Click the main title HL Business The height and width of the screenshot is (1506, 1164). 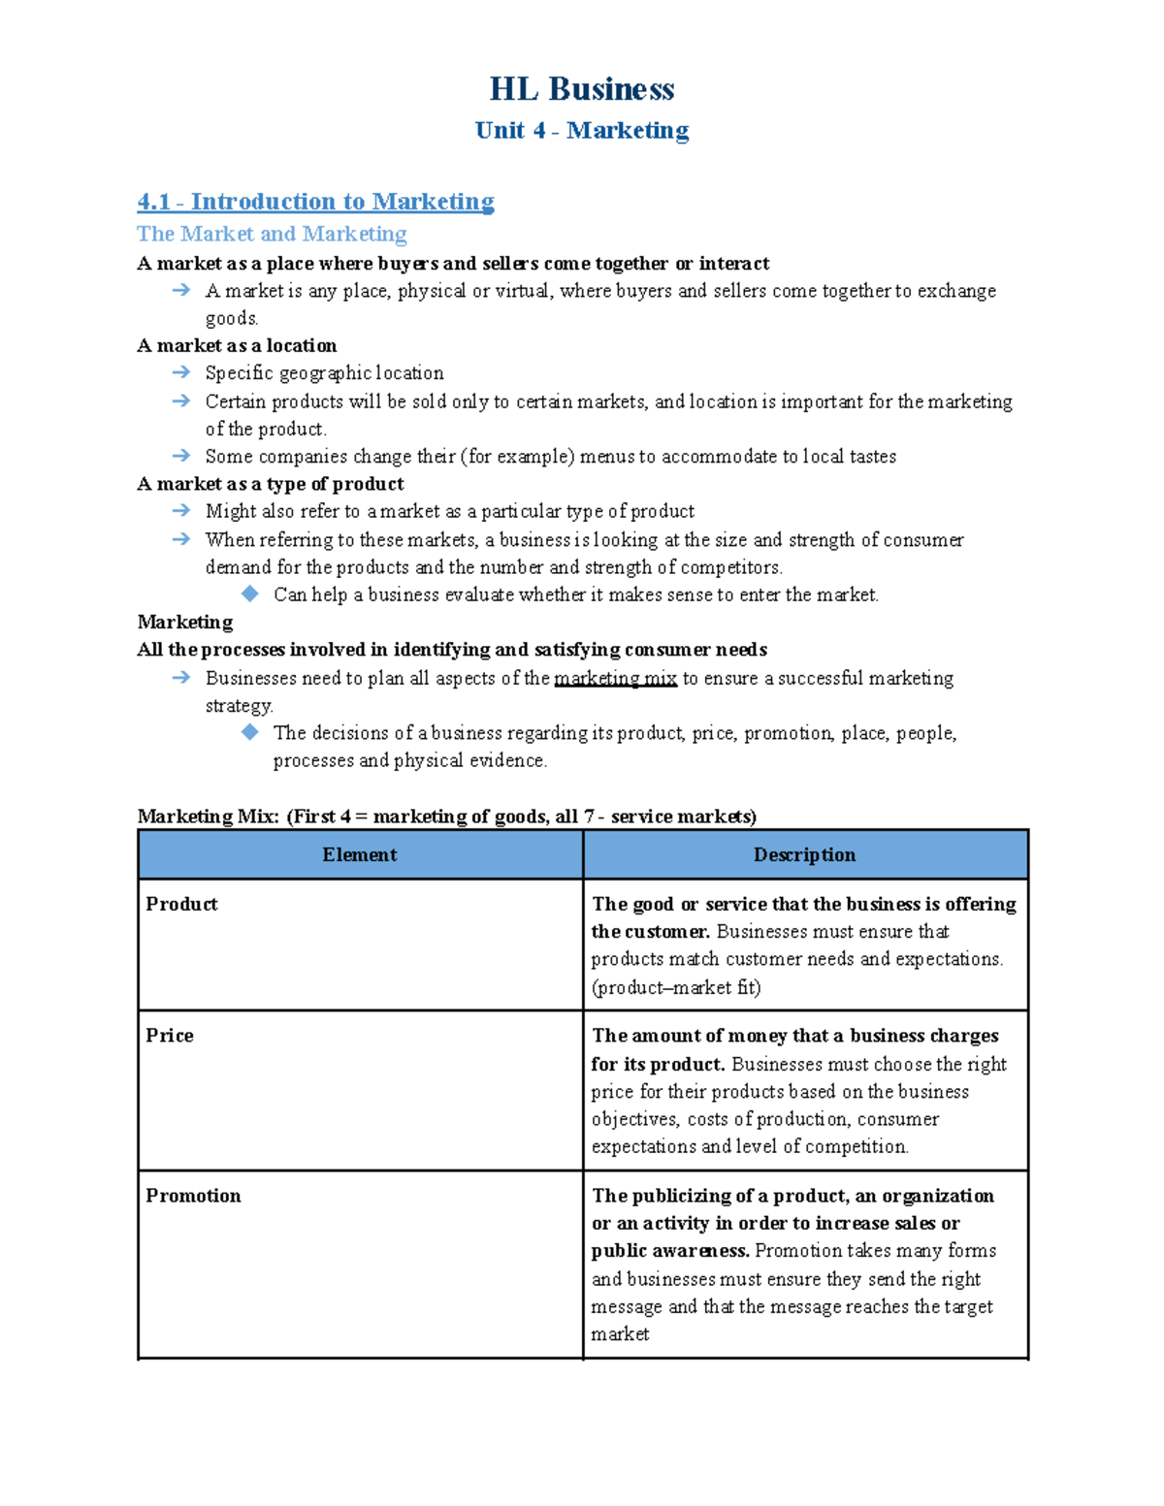(x=581, y=89)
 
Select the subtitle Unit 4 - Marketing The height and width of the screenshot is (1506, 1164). (x=581, y=130)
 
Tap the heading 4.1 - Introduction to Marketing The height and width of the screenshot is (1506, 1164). (x=315, y=202)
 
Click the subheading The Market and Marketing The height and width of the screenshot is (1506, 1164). (x=272, y=234)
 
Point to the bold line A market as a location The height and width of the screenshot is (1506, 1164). (x=237, y=345)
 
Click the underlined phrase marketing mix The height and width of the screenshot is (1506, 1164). (x=615, y=678)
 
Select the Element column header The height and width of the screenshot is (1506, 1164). (x=360, y=854)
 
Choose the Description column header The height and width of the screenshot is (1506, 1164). (x=804, y=854)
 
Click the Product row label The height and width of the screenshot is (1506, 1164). (x=181, y=904)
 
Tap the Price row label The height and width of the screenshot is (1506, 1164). (x=170, y=1036)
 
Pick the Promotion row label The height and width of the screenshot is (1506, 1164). (x=193, y=1196)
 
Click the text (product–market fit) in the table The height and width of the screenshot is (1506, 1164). (x=676, y=987)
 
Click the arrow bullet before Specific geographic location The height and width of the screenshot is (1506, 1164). (x=180, y=372)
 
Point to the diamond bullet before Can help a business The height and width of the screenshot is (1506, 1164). (x=250, y=593)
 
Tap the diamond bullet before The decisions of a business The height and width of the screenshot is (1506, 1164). (x=250, y=732)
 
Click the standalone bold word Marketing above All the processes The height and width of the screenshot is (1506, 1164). (x=185, y=622)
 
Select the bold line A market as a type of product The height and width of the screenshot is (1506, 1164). (x=271, y=484)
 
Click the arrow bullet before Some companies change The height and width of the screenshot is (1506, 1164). (x=180, y=456)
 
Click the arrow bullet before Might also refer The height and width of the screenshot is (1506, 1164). (x=180, y=511)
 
